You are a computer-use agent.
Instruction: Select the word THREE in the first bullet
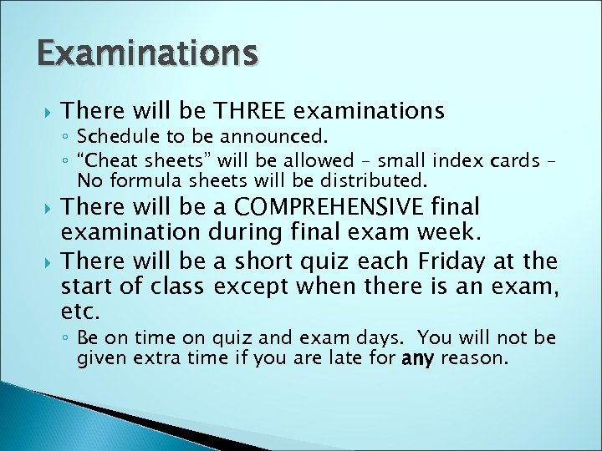click(x=252, y=109)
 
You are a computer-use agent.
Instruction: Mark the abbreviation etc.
click(x=80, y=313)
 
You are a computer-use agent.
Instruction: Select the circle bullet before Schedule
click(x=65, y=135)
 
